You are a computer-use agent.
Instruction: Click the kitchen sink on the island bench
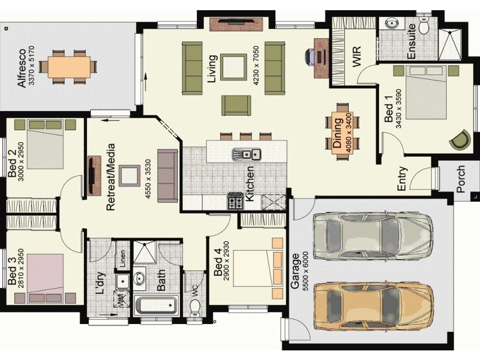246,154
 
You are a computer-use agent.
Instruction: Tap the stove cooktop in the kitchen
235,201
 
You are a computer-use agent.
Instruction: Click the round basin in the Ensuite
391,23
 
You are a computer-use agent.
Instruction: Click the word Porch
461,179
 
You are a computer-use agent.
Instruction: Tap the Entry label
403,179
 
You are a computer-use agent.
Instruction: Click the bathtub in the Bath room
157,305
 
